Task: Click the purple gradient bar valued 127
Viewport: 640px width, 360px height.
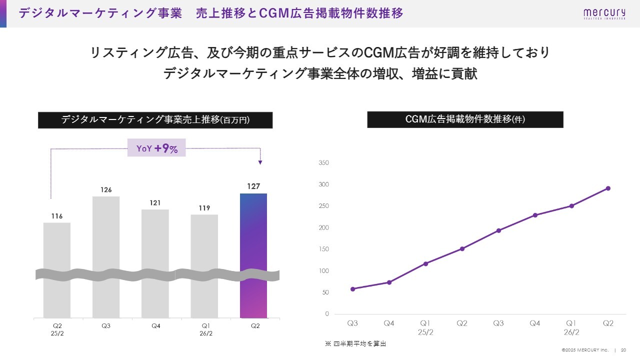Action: pyautogui.click(x=253, y=255)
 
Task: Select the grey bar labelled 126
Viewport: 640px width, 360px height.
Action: pyautogui.click(x=106, y=255)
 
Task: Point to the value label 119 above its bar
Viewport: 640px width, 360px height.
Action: pyautogui.click(x=204, y=208)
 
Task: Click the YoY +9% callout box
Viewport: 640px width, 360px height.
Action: pyautogui.click(x=156, y=148)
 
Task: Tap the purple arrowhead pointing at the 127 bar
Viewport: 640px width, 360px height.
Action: pyautogui.click(x=260, y=162)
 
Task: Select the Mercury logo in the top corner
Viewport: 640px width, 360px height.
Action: pyautogui.click(x=603, y=13)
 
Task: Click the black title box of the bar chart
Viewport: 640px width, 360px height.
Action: pyautogui.click(x=155, y=120)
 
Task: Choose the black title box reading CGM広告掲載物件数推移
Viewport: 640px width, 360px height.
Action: pyautogui.click(x=465, y=119)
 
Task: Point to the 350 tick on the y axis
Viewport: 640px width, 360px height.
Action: pyautogui.click(x=323, y=163)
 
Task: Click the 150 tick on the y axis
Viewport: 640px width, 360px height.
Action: pyautogui.click(x=323, y=249)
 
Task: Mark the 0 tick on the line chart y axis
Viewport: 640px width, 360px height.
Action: pyautogui.click(x=327, y=314)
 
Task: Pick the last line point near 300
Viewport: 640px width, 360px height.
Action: pyautogui.click(x=608, y=188)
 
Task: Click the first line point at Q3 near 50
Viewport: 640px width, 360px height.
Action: pyautogui.click(x=352, y=289)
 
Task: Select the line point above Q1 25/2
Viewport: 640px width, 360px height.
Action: pyautogui.click(x=425, y=263)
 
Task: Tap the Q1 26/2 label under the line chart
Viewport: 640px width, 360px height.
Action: pyautogui.click(x=571, y=327)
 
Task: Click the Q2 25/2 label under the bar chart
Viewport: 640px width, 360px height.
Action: pyautogui.click(x=57, y=329)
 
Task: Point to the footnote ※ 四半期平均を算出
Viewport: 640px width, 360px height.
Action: pyautogui.click(x=355, y=344)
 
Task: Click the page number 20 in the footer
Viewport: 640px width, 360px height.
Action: pyautogui.click(x=623, y=350)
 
